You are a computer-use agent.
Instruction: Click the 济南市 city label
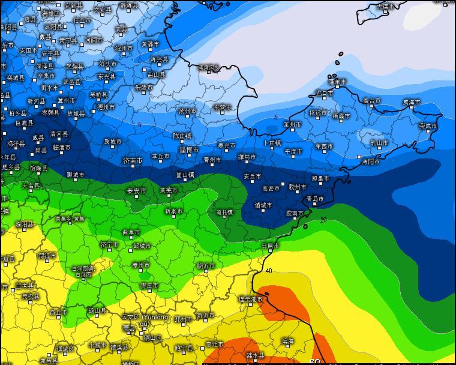pyautogui.click(x=133, y=161)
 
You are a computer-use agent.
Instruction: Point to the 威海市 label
pyautogui.click(x=411, y=103)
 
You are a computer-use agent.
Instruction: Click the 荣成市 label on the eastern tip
pyautogui.click(x=428, y=126)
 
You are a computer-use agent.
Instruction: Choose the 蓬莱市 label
pyautogui.click(x=337, y=82)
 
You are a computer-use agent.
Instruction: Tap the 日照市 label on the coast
pyautogui.click(x=270, y=246)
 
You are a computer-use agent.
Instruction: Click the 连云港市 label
pyautogui.click(x=251, y=299)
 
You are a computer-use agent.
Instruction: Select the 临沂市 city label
pyautogui.click(x=206, y=265)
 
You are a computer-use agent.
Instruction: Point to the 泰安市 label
pyautogui.click(x=136, y=191)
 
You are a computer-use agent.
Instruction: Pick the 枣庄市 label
pyautogui.click(x=149, y=286)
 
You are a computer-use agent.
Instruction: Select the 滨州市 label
pyautogui.click(x=187, y=111)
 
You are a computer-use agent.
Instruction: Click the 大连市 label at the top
pyautogui.click(x=386, y=7)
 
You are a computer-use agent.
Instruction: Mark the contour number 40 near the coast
pyautogui.click(x=269, y=271)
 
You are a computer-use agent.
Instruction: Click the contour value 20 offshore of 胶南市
pyautogui.click(x=323, y=220)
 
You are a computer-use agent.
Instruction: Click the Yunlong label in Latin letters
pyautogui.click(x=155, y=317)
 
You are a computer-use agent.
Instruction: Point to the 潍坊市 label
pyautogui.click(x=247, y=157)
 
